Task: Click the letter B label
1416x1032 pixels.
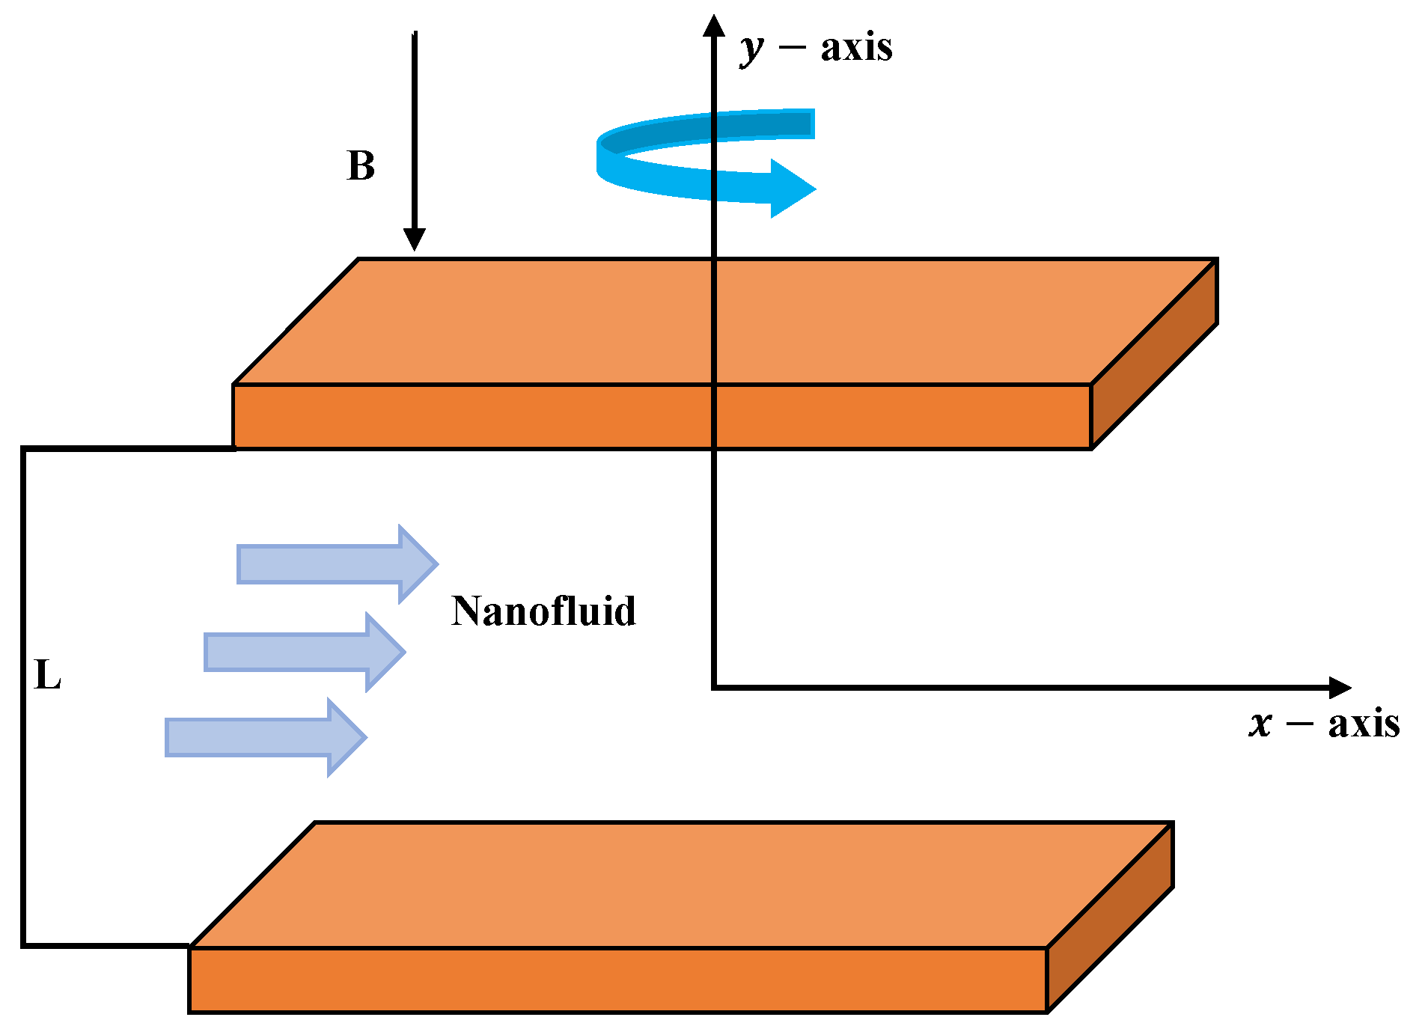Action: coord(361,166)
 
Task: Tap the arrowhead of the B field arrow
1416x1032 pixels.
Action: coord(414,239)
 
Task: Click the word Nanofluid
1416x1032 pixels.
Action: coord(543,611)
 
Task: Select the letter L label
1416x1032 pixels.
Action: coord(47,676)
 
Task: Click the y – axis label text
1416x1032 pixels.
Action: coord(817,48)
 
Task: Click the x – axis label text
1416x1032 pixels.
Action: coord(1324,724)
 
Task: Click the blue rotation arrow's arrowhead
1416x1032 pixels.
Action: coord(792,188)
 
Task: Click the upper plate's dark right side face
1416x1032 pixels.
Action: coord(1155,353)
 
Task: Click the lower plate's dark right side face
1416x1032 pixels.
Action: coord(1110,917)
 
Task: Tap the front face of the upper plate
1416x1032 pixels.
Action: coord(524,417)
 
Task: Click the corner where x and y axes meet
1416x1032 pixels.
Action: coord(714,686)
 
